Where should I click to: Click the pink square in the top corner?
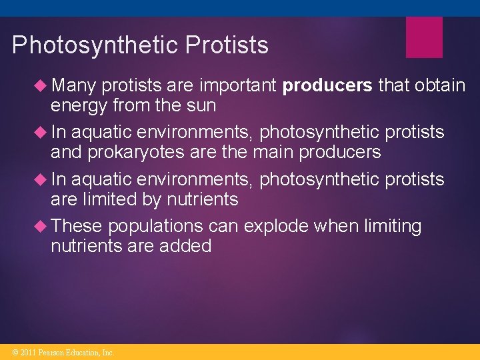[424, 37]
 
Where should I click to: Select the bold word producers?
[327, 85]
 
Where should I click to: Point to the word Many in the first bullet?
[73, 85]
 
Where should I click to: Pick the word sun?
[201, 105]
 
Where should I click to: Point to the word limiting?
[393, 226]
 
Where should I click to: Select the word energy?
[79, 105]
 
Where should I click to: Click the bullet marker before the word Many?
[41, 85]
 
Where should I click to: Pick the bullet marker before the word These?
[41, 226]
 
